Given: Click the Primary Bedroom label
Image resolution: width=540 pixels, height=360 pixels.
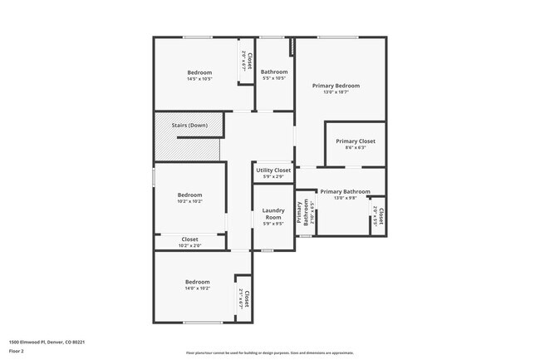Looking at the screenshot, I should tap(336, 86).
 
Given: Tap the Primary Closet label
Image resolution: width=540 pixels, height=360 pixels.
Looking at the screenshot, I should tap(356, 141).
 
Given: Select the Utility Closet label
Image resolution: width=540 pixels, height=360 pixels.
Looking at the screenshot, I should tap(273, 170).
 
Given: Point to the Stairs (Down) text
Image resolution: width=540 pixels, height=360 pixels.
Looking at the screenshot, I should tap(189, 126).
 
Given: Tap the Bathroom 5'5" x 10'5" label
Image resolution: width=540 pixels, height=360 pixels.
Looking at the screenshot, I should tap(273, 75).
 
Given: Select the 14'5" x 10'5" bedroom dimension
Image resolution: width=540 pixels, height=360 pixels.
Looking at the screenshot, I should tap(199, 79).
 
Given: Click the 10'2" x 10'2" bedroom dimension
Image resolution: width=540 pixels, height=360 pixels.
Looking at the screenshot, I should tap(189, 201).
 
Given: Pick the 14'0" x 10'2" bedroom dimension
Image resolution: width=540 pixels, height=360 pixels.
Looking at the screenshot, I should tap(197, 288).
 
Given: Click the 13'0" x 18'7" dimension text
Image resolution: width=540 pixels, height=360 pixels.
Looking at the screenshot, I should tap(336, 92).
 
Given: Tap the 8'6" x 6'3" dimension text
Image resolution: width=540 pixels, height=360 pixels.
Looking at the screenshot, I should tap(356, 147).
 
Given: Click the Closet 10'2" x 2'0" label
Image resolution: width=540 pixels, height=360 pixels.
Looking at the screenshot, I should tap(189, 242).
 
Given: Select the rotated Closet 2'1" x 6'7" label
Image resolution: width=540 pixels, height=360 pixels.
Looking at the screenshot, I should tap(244, 297).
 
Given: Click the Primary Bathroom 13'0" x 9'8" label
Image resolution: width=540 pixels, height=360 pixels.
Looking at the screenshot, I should tap(345, 195).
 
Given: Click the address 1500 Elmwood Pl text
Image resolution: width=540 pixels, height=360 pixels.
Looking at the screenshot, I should tap(47, 342).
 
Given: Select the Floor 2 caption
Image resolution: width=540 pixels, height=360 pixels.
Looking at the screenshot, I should tap(17, 351).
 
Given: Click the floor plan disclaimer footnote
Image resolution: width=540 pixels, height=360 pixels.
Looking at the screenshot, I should tap(269, 353).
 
